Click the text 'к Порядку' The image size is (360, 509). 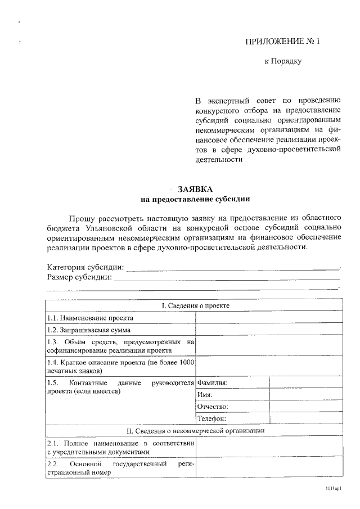[x=283, y=61]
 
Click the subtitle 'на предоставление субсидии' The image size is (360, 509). [x=194, y=199]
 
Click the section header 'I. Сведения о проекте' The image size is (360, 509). [x=195, y=305]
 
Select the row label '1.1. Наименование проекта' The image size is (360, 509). [x=90, y=318]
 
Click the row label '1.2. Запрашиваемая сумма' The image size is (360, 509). [x=89, y=330]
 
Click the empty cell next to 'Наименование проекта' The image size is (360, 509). [x=269, y=318]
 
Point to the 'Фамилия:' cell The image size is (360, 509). [x=213, y=382]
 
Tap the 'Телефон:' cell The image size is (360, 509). [x=211, y=419]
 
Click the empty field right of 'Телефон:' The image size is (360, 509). [x=306, y=419]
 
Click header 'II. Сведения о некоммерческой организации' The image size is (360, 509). [x=195, y=431]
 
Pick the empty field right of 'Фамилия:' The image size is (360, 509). [x=306, y=382]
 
